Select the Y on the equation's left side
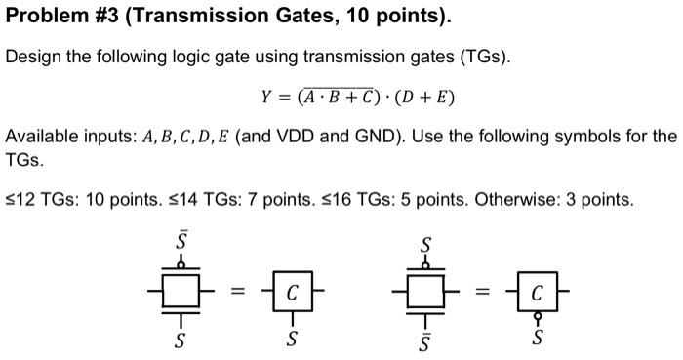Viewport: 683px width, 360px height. (x=266, y=98)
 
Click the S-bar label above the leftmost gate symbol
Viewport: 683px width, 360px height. (x=180, y=237)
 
